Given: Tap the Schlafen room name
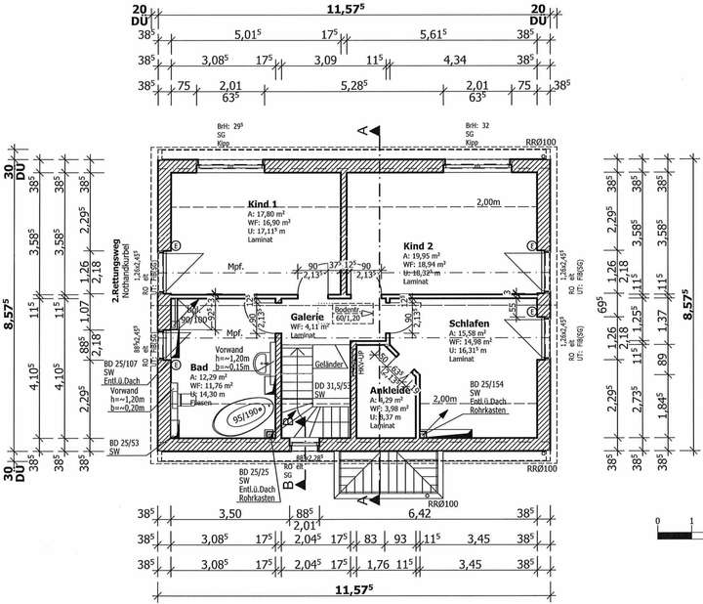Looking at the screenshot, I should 468,324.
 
